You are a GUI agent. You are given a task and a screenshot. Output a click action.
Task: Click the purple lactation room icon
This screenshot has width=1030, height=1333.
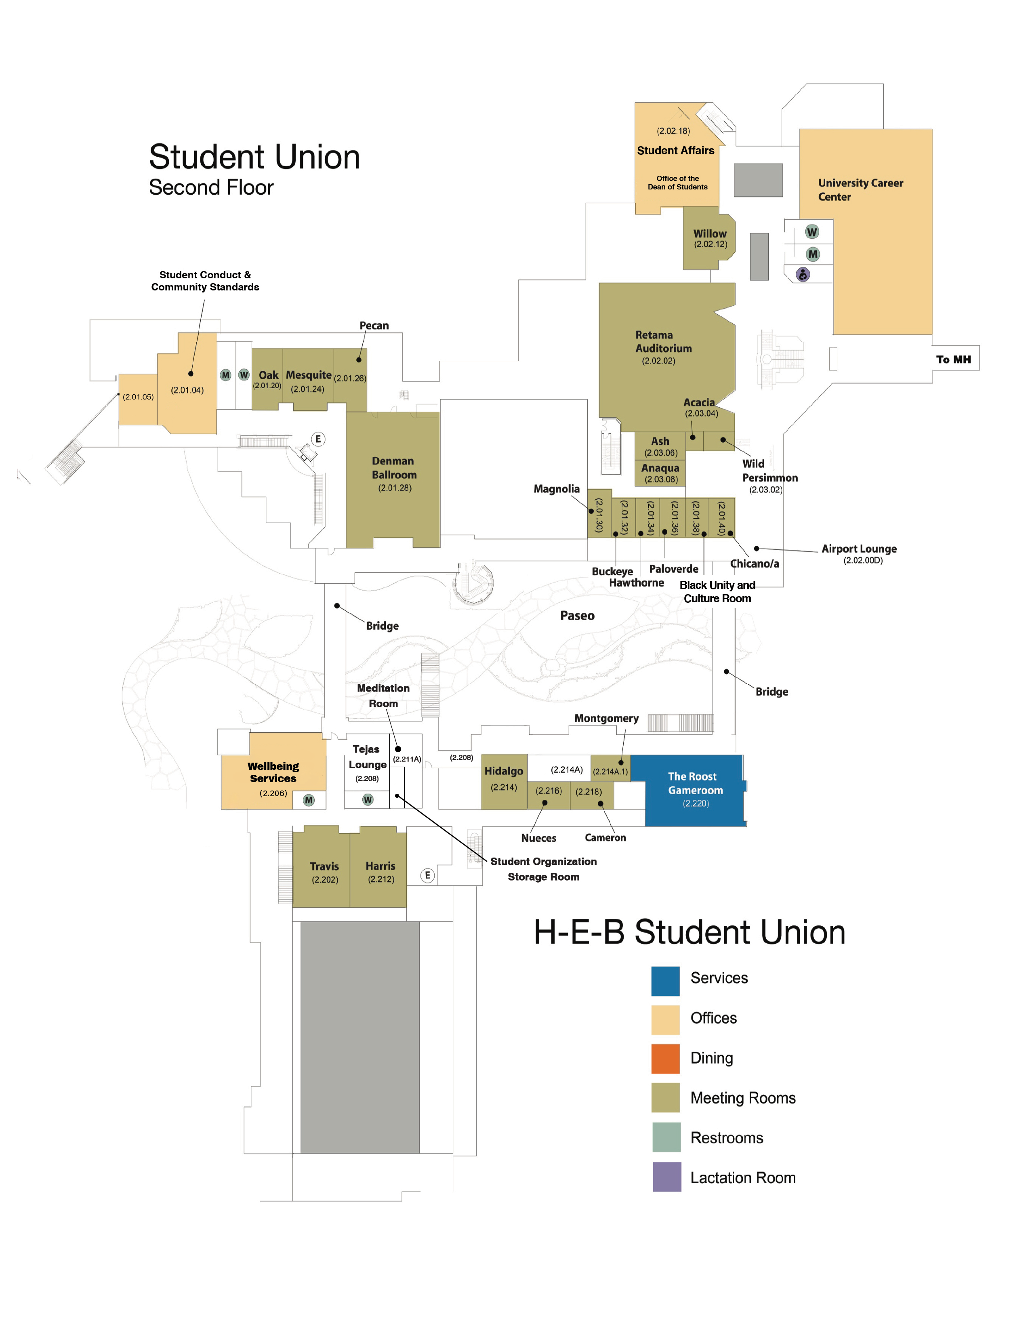tap(803, 275)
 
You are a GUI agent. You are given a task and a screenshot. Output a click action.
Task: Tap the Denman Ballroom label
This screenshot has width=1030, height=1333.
tap(394, 467)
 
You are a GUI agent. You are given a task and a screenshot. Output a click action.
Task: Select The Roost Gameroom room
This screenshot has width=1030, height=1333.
tap(694, 791)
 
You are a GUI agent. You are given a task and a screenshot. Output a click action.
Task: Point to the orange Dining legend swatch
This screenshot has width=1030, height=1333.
tap(665, 1058)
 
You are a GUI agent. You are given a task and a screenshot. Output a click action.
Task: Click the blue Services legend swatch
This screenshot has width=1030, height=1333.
tap(665, 981)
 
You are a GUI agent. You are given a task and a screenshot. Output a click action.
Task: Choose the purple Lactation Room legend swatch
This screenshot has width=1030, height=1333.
tap(666, 1177)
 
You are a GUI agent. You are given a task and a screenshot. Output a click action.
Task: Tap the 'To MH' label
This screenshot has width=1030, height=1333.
tap(953, 360)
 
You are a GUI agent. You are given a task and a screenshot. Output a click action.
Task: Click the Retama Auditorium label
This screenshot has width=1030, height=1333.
tap(663, 342)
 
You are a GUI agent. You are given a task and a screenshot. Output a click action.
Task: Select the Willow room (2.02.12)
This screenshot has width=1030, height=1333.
tap(709, 238)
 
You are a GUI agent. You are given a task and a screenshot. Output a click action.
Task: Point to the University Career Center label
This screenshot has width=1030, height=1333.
tap(860, 190)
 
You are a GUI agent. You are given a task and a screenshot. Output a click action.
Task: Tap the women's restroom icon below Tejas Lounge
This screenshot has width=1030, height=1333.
tap(367, 799)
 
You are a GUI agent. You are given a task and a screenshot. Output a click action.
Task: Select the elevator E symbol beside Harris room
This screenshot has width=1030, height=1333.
tap(427, 875)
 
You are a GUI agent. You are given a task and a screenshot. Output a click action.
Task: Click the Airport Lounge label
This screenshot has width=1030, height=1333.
tap(859, 549)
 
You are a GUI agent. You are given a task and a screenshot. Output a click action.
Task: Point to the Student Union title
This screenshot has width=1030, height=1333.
tap(254, 157)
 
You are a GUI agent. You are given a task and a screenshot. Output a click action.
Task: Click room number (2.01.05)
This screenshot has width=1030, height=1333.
tap(138, 397)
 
